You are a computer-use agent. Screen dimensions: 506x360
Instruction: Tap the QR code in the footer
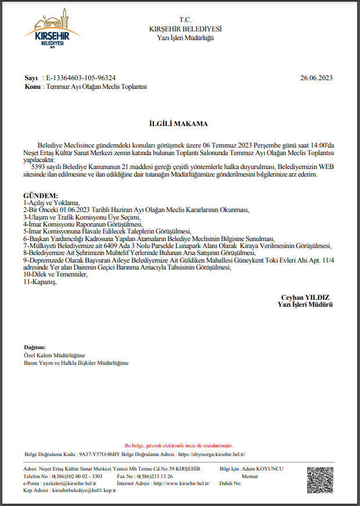click(x=320, y=479)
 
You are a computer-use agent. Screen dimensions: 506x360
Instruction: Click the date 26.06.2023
click(x=316, y=77)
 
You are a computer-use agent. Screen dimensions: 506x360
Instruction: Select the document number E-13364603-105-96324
click(x=81, y=77)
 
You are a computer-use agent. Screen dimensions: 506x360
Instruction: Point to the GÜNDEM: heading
click(x=40, y=195)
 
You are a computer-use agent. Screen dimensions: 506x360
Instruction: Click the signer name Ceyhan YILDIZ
click(x=305, y=297)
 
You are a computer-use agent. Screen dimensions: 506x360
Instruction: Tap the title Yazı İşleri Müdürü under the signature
click(x=305, y=304)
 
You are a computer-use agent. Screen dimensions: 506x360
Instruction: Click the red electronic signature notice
click(x=178, y=444)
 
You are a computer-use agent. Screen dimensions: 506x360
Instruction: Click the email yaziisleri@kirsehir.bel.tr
click(x=70, y=483)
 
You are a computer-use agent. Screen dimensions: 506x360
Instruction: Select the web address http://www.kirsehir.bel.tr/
click(x=181, y=483)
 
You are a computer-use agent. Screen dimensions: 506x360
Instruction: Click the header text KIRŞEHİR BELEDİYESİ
click(x=185, y=29)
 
